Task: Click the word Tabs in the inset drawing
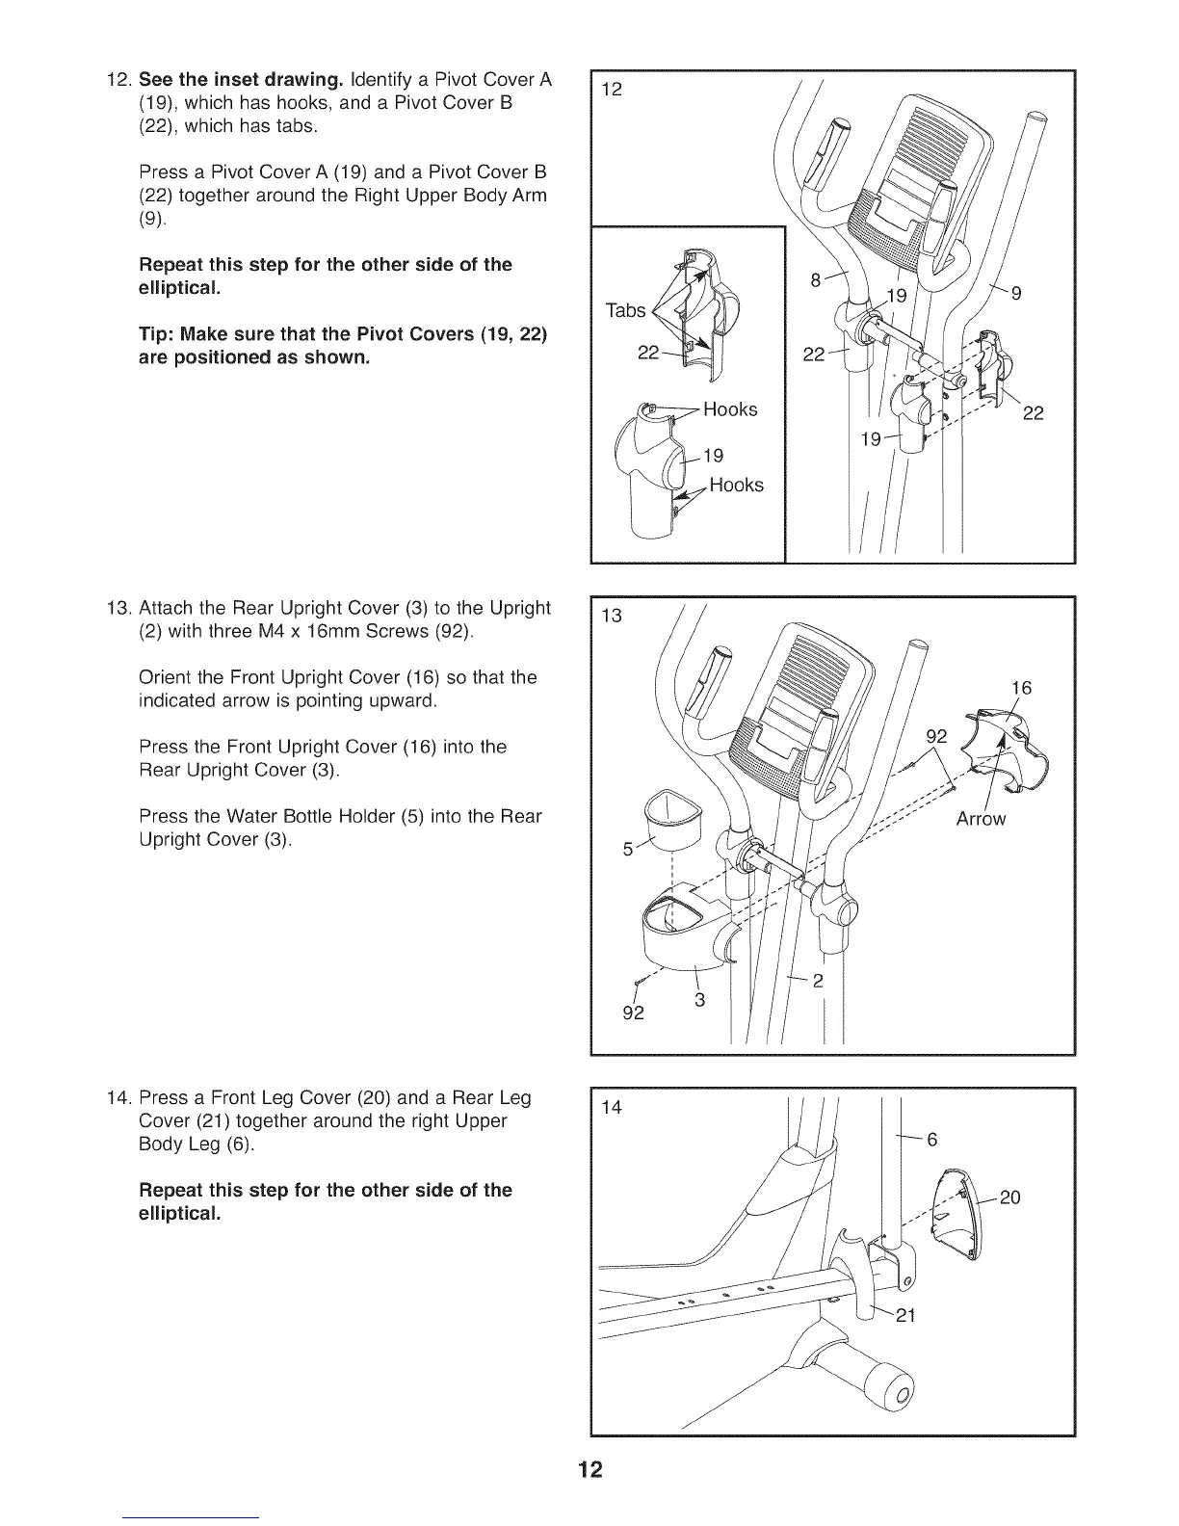click(625, 310)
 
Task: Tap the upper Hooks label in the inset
click(730, 409)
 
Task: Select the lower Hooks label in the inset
click(736, 485)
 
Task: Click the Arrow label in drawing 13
click(981, 819)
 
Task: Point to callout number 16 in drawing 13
click(1021, 688)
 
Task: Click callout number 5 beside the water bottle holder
click(628, 850)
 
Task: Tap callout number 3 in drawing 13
click(700, 1001)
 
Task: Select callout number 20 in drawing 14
click(1009, 1197)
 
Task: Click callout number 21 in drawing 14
click(904, 1315)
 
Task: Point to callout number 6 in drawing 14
click(931, 1140)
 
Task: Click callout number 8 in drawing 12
click(815, 280)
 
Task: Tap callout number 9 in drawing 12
click(1016, 294)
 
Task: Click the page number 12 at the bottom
click(589, 1469)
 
